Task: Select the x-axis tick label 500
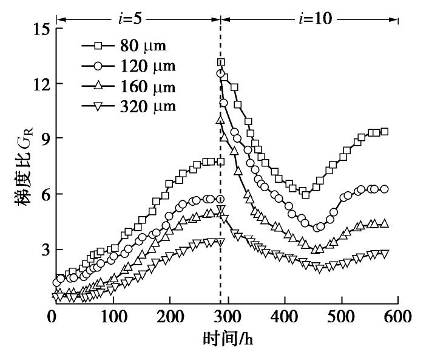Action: (340, 317)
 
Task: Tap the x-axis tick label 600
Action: (397, 317)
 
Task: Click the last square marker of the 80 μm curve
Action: (384, 132)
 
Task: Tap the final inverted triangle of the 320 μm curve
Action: (384, 253)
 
